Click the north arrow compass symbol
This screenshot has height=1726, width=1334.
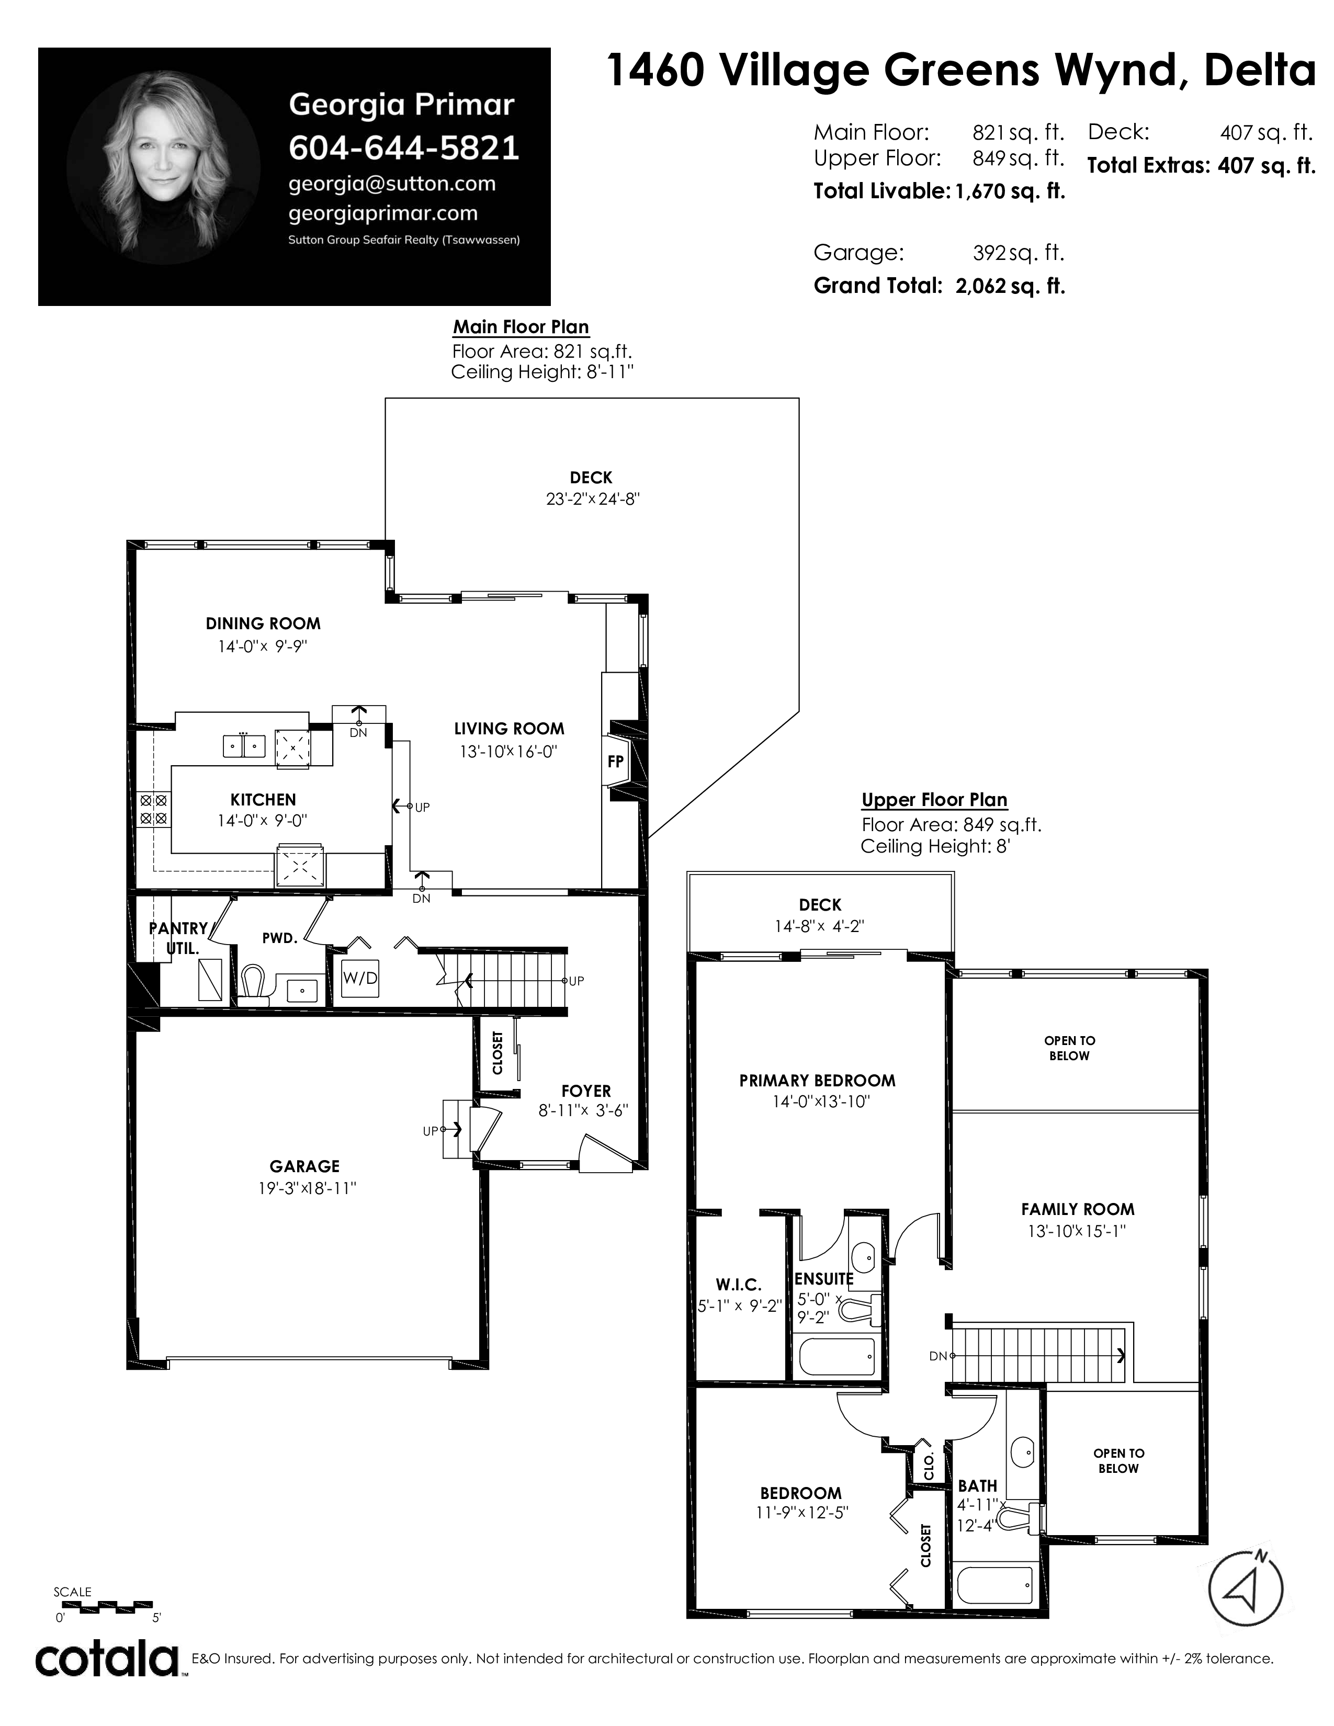[1246, 1588]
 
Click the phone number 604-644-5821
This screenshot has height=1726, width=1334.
[404, 148]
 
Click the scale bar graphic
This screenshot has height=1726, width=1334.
[103, 1605]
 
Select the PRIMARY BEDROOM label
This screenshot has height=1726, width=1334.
[817, 1081]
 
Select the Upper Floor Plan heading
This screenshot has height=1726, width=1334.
[934, 800]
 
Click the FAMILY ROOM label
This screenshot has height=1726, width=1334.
[1077, 1209]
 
